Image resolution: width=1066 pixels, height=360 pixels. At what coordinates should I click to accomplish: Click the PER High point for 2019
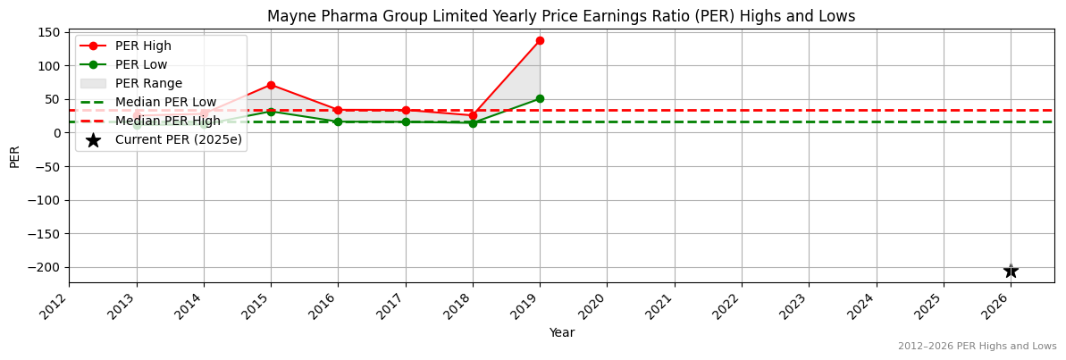pyautogui.click(x=540, y=40)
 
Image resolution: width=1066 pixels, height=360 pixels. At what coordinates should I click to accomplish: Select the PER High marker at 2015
pyautogui.click(x=271, y=85)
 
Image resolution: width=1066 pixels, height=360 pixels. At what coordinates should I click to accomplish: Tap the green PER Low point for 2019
pyautogui.click(x=540, y=98)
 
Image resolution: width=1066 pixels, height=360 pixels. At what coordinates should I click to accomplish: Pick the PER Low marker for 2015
pyautogui.click(x=271, y=112)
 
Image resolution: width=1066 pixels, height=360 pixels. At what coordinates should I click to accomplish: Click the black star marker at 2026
pyautogui.click(x=1011, y=271)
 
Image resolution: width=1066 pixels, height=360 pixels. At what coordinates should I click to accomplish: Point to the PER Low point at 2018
pyautogui.click(x=473, y=123)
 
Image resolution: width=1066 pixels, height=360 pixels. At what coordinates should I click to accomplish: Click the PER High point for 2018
pyautogui.click(x=473, y=115)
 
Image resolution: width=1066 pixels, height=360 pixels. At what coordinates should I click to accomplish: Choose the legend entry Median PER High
pyautogui.click(x=167, y=121)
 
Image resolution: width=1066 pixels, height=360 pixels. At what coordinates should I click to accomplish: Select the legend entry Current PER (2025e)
pyautogui.click(x=178, y=139)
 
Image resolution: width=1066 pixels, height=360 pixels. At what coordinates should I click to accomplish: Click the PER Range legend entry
pyautogui.click(x=148, y=83)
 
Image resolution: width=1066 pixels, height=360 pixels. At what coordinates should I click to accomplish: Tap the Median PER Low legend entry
pyautogui.click(x=165, y=102)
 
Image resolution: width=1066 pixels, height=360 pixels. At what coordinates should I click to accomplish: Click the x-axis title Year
pyautogui.click(x=561, y=332)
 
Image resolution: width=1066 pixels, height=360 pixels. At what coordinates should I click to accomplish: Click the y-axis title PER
pyautogui.click(x=14, y=156)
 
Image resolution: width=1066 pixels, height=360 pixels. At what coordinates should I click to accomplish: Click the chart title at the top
pyautogui.click(x=561, y=16)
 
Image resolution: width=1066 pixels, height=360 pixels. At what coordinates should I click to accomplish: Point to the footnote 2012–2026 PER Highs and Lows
pyautogui.click(x=977, y=346)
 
